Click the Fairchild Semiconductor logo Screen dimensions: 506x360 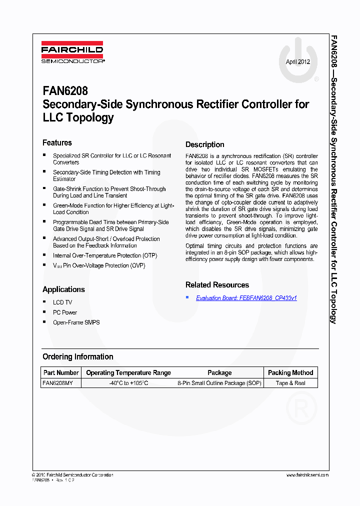pyautogui.click(x=72, y=52)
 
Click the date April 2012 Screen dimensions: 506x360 pyautogui.click(x=297, y=62)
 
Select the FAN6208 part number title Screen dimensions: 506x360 pyautogui.click(x=65, y=91)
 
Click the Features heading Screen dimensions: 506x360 pyautogui.click(x=57, y=143)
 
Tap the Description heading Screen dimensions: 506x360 pyautogui.click(x=204, y=145)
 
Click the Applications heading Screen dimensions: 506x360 pyautogui.click(x=63, y=289)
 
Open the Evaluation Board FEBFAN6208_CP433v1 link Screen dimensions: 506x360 pyautogui.click(x=246, y=298)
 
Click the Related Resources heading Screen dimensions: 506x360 pyautogui.click(x=217, y=285)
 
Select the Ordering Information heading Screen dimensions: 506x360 pyautogui.click(x=77, y=357)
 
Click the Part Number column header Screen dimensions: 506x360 pyautogui.click(x=61, y=372)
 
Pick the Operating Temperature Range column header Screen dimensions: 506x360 pyautogui.click(x=128, y=372)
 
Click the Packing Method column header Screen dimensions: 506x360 pyautogui.click(x=290, y=372)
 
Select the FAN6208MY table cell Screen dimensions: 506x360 pyautogui.click(x=58, y=383)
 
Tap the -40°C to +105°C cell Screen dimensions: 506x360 pyautogui.click(x=128, y=383)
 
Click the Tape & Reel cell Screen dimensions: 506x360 pyautogui.click(x=290, y=383)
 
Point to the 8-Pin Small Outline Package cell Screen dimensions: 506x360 pyautogui.click(x=219, y=383)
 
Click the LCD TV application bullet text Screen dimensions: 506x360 pyautogui.click(x=62, y=302)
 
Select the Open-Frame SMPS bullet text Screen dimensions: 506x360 pyautogui.click(x=76, y=322)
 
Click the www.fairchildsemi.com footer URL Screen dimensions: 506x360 pyautogui.click(x=307, y=475)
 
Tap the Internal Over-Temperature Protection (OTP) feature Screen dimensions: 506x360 pyautogui.click(x=105, y=255)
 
